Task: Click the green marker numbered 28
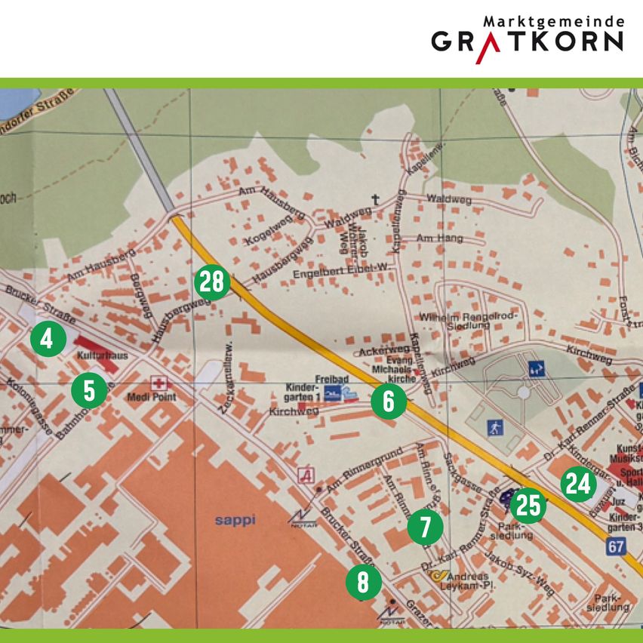pyautogui.click(x=212, y=282)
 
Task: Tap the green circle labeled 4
pyautogui.click(x=48, y=339)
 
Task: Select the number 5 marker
pyautogui.click(x=89, y=391)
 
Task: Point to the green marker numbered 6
pyautogui.click(x=388, y=401)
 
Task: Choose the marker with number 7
pyautogui.click(x=426, y=528)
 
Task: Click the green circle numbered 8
pyautogui.click(x=363, y=582)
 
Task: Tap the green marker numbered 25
pyautogui.click(x=528, y=506)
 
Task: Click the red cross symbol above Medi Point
pyautogui.click(x=158, y=383)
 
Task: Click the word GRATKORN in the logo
pyautogui.click(x=528, y=42)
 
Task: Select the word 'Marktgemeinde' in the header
pyautogui.click(x=553, y=21)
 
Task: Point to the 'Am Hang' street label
pyautogui.click(x=438, y=238)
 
